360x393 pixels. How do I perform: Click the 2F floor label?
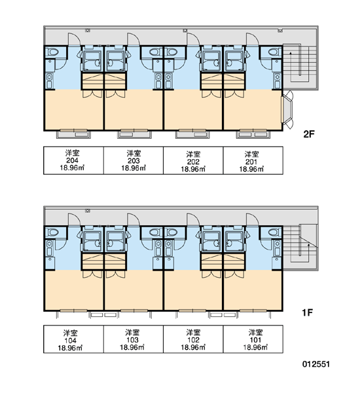309,134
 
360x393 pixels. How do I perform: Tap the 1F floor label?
307,312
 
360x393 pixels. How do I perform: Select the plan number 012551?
316,364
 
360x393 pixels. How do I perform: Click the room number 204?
72,160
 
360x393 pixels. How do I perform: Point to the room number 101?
255,340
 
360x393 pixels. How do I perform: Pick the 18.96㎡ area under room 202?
193,169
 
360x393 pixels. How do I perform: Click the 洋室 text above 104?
71,333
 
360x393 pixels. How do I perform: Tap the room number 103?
132,340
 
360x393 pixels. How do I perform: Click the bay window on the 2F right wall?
287,110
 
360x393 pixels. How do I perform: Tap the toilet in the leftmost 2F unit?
53,52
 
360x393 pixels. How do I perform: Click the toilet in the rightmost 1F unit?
273,233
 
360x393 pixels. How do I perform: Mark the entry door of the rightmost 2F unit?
252,39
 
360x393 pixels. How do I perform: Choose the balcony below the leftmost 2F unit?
74,134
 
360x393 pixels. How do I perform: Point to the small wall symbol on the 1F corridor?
88,210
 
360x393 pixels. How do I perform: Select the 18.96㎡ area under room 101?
255,347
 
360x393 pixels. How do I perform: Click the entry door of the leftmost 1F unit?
74,219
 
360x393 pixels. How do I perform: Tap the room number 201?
251,161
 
